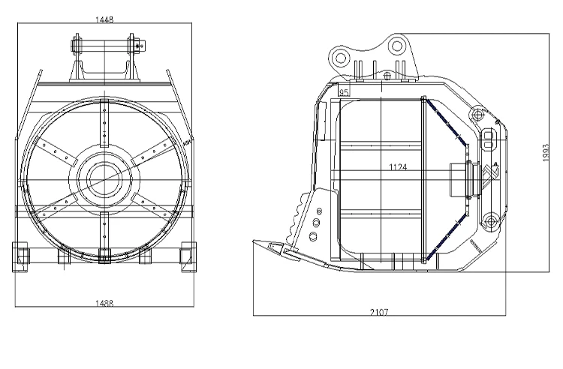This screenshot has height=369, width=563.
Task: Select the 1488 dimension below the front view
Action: pos(104,302)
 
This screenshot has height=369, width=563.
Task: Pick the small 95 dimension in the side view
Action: pos(345,92)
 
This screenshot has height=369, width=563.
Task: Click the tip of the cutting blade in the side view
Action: pos(257,243)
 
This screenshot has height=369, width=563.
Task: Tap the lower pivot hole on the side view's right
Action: pos(489,220)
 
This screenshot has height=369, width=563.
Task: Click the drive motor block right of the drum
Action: pos(459,181)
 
